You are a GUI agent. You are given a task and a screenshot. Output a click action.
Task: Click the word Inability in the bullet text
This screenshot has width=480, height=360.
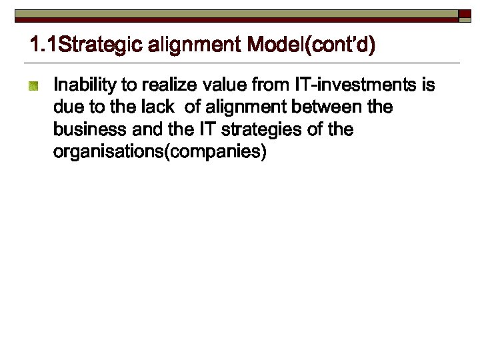coord(83,85)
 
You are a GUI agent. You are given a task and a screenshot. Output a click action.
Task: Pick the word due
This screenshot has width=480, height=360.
coord(66,107)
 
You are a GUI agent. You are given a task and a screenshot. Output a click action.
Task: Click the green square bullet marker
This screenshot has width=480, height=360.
coord(33,85)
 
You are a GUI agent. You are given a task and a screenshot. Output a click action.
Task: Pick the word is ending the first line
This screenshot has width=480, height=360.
coord(427,85)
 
